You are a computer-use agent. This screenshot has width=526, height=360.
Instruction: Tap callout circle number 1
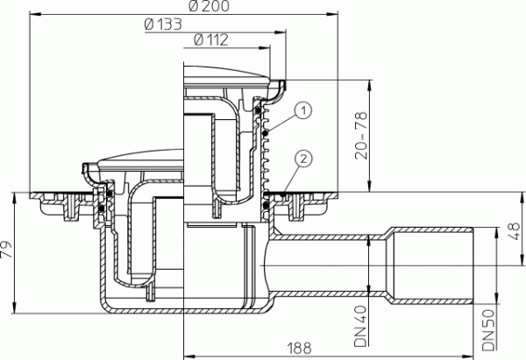(x=302, y=110)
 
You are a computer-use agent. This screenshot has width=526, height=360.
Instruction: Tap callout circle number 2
(x=302, y=159)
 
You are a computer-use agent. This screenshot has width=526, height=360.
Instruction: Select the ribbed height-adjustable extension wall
(x=270, y=145)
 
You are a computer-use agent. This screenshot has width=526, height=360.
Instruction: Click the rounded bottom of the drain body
(x=184, y=315)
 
